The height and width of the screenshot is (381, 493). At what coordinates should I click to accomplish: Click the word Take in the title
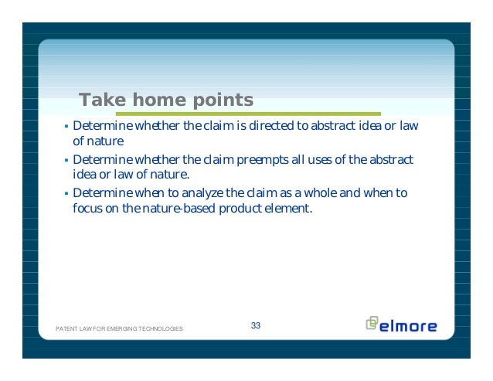(x=102, y=100)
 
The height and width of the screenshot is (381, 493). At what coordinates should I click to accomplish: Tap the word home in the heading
(x=159, y=100)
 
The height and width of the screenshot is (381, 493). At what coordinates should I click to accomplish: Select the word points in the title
(x=223, y=100)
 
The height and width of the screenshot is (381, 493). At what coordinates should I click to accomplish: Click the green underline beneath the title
(x=248, y=114)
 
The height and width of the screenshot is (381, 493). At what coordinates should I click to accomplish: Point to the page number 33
(x=256, y=325)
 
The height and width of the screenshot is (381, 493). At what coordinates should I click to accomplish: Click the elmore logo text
(x=408, y=326)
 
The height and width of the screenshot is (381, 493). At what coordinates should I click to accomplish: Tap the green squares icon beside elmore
(x=372, y=323)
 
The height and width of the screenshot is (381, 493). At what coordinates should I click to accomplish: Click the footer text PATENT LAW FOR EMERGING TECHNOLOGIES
(x=119, y=328)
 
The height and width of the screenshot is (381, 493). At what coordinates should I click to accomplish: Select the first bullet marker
(x=66, y=127)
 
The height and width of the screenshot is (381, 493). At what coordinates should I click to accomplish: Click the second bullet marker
(x=66, y=160)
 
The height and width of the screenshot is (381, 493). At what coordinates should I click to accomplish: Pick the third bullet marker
(x=66, y=193)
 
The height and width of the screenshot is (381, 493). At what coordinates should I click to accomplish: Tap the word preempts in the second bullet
(x=263, y=160)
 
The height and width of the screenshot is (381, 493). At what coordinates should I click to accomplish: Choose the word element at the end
(x=288, y=208)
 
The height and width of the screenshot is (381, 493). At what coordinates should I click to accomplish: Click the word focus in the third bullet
(x=88, y=208)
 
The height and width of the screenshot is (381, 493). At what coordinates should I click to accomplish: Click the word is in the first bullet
(x=241, y=125)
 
